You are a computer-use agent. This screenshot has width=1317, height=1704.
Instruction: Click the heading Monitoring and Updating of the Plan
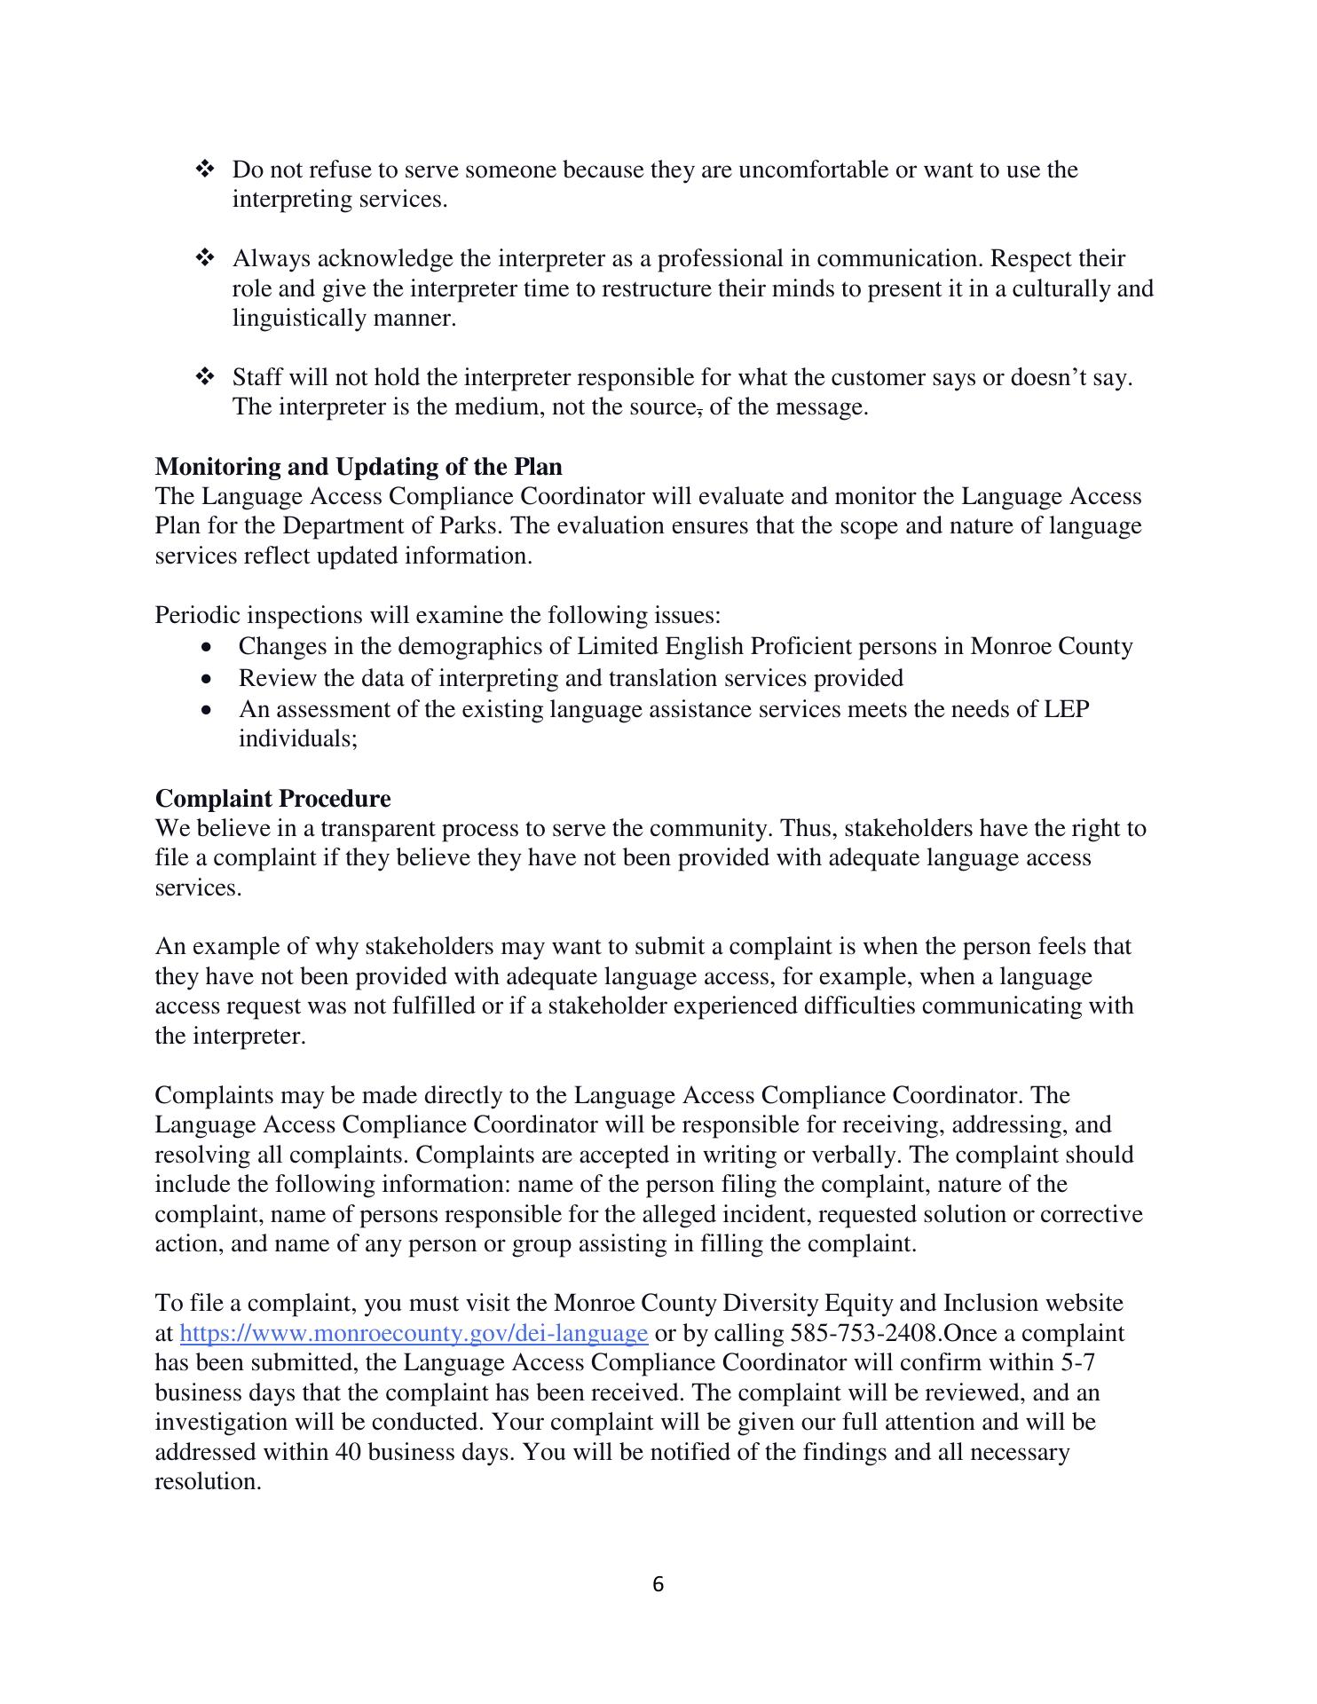358,467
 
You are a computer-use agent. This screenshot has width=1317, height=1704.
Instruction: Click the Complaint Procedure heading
272,799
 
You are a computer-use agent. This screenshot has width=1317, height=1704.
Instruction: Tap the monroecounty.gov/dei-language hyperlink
414,1333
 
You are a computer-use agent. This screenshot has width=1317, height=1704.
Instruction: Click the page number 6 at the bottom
658,1584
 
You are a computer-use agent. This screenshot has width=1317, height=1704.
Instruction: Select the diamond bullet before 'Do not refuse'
204,169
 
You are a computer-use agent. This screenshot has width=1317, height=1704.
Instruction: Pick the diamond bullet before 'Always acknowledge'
204,258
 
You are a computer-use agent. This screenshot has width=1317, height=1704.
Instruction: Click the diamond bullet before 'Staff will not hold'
204,377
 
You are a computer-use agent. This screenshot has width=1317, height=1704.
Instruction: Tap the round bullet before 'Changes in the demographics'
208,647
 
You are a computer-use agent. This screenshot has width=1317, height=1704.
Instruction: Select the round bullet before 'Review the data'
208,680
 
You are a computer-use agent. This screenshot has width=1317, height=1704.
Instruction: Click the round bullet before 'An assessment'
208,711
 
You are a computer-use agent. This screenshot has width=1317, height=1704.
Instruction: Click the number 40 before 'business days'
349,1452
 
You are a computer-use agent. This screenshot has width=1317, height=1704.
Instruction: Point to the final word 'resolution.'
208,1481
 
